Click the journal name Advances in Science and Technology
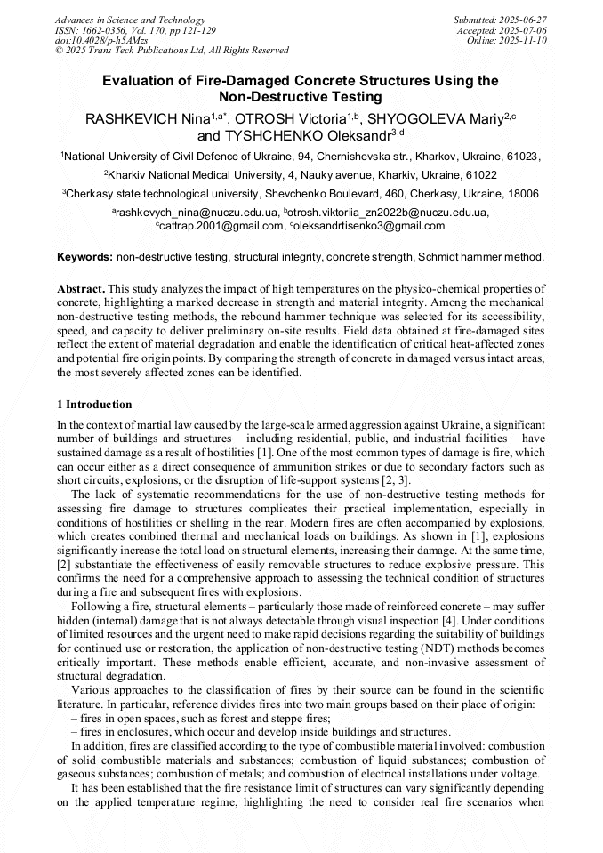[130, 20]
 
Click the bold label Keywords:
[84, 257]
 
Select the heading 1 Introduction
[94, 405]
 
